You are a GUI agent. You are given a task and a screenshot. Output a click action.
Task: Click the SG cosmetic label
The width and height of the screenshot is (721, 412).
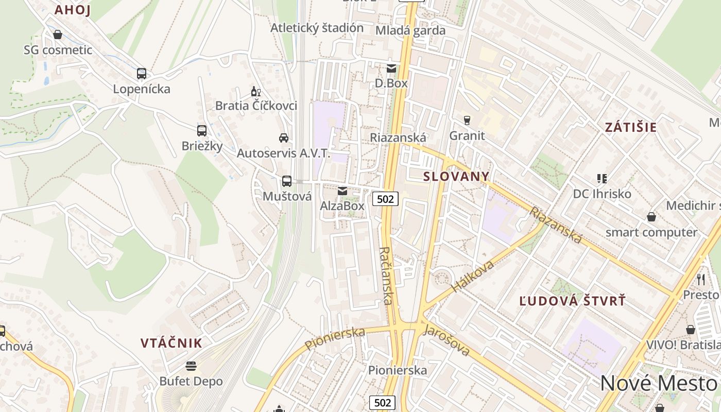[58, 50]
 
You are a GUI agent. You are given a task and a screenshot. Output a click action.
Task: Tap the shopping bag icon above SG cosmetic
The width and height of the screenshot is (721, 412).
[58, 35]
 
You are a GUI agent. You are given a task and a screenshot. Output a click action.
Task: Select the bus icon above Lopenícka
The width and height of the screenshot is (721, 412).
[142, 74]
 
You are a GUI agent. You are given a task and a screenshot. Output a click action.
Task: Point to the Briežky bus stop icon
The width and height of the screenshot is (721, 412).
[202, 131]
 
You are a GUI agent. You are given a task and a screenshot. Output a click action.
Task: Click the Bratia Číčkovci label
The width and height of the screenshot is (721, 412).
[256, 106]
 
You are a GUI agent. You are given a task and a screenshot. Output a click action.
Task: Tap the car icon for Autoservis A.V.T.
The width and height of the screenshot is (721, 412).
[284, 138]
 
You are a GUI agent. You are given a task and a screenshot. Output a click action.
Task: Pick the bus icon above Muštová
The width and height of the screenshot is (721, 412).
[287, 181]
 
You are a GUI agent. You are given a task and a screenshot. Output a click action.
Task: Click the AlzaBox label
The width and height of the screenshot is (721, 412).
[342, 206]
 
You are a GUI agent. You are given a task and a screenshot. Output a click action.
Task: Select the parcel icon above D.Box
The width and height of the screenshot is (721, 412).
[391, 68]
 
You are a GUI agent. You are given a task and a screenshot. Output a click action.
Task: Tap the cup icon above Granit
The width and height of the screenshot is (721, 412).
[467, 121]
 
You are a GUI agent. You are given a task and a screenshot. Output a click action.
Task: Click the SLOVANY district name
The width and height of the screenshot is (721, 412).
[456, 176]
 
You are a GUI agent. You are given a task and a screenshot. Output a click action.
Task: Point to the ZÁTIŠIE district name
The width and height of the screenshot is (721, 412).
[631, 127]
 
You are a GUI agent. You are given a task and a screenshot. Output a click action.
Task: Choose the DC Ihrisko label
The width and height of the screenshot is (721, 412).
[602, 194]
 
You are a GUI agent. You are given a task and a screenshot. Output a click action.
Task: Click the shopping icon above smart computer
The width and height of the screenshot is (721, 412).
[651, 217]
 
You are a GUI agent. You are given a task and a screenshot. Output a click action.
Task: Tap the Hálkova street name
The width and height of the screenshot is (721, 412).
[473, 276]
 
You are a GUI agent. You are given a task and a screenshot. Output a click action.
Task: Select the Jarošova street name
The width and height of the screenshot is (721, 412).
[446, 340]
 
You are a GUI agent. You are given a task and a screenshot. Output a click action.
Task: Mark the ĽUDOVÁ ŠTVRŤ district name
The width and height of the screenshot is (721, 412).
[572, 301]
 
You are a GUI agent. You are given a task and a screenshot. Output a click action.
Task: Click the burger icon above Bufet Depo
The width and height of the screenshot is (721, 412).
[191, 366]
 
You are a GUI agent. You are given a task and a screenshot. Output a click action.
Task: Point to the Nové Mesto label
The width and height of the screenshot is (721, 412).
[659, 384]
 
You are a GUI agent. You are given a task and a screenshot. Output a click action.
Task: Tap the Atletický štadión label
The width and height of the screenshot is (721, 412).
[317, 28]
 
